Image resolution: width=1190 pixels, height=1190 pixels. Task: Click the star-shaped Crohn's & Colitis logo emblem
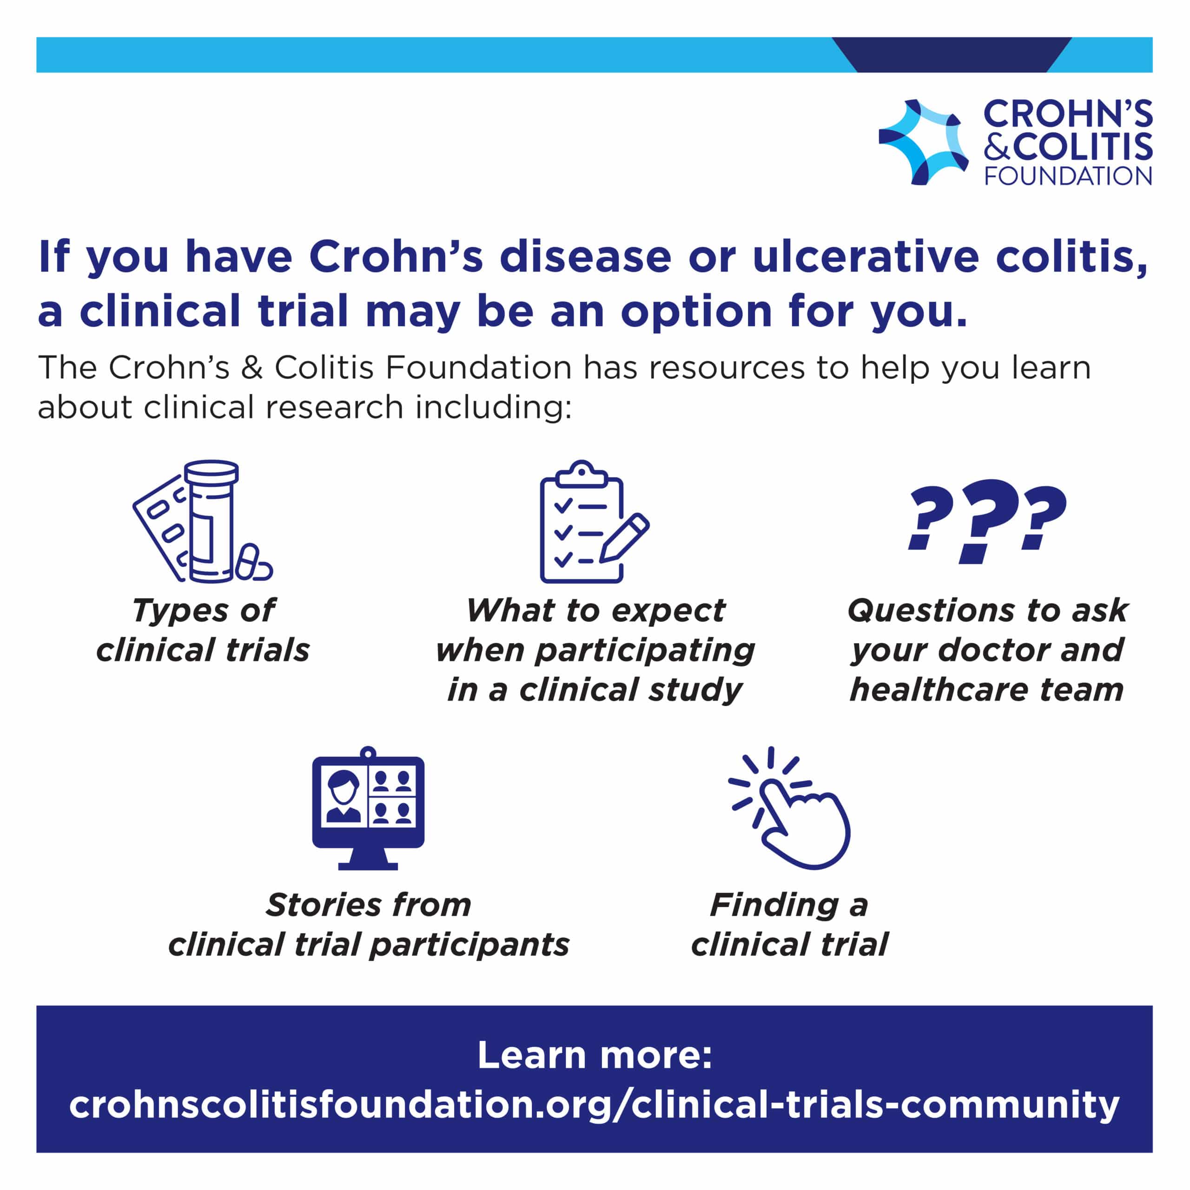pos(922,142)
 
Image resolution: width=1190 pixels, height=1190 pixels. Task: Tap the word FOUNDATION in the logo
pos(1068,176)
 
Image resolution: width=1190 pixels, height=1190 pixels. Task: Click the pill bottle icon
pos(211,521)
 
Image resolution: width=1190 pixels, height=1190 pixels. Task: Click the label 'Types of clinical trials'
pos(203,630)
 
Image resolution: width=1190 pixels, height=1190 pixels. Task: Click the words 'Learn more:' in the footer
pos(595,1054)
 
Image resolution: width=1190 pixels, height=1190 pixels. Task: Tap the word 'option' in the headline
pos(696,311)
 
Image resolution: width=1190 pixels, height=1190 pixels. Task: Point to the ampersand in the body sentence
pos(252,368)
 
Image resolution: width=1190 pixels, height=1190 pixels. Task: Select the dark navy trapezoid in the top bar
pos(952,55)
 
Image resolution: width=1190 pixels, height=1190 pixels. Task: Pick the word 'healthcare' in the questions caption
pos(938,689)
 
